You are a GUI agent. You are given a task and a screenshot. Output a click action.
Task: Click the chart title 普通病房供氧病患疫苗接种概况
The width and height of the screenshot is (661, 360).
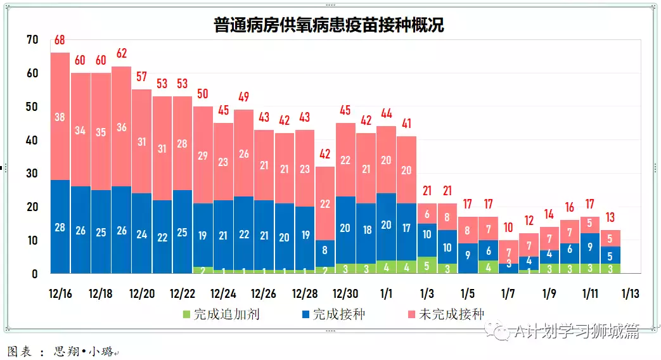[x=329, y=25]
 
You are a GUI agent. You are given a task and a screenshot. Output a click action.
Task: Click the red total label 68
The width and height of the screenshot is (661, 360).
[x=60, y=41]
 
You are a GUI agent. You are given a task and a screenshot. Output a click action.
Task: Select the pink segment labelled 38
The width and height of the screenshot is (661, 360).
[x=60, y=117]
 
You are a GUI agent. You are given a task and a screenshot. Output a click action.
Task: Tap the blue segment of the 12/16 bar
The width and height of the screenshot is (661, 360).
[x=60, y=227]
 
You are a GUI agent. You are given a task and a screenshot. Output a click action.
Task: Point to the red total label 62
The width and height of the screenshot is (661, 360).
[x=121, y=53]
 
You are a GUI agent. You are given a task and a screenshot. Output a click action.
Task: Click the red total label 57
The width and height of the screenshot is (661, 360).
[x=141, y=77]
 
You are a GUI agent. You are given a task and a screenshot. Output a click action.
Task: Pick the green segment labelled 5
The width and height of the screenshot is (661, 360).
[x=427, y=266]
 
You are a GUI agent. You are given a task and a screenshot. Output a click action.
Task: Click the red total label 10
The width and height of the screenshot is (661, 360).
[x=508, y=228]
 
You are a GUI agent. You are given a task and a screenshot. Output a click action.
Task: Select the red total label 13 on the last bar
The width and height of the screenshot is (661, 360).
[x=610, y=217]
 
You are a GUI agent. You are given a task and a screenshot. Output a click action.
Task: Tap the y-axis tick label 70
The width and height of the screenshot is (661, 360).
[x=32, y=40]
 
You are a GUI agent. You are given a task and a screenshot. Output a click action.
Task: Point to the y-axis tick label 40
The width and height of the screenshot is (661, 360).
[x=32, y=140]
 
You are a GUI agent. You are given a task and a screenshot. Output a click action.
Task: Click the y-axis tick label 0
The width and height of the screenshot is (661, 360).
[x=35, y=274]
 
